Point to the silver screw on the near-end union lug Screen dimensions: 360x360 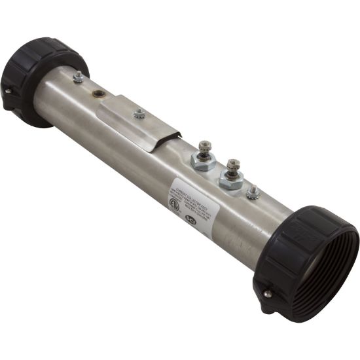[267, 294]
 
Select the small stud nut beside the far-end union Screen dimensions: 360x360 [79, 77]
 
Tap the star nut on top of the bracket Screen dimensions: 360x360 [139, 114]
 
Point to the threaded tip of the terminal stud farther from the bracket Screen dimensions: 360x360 [232, 163]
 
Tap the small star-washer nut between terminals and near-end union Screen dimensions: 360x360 [253, 192]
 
